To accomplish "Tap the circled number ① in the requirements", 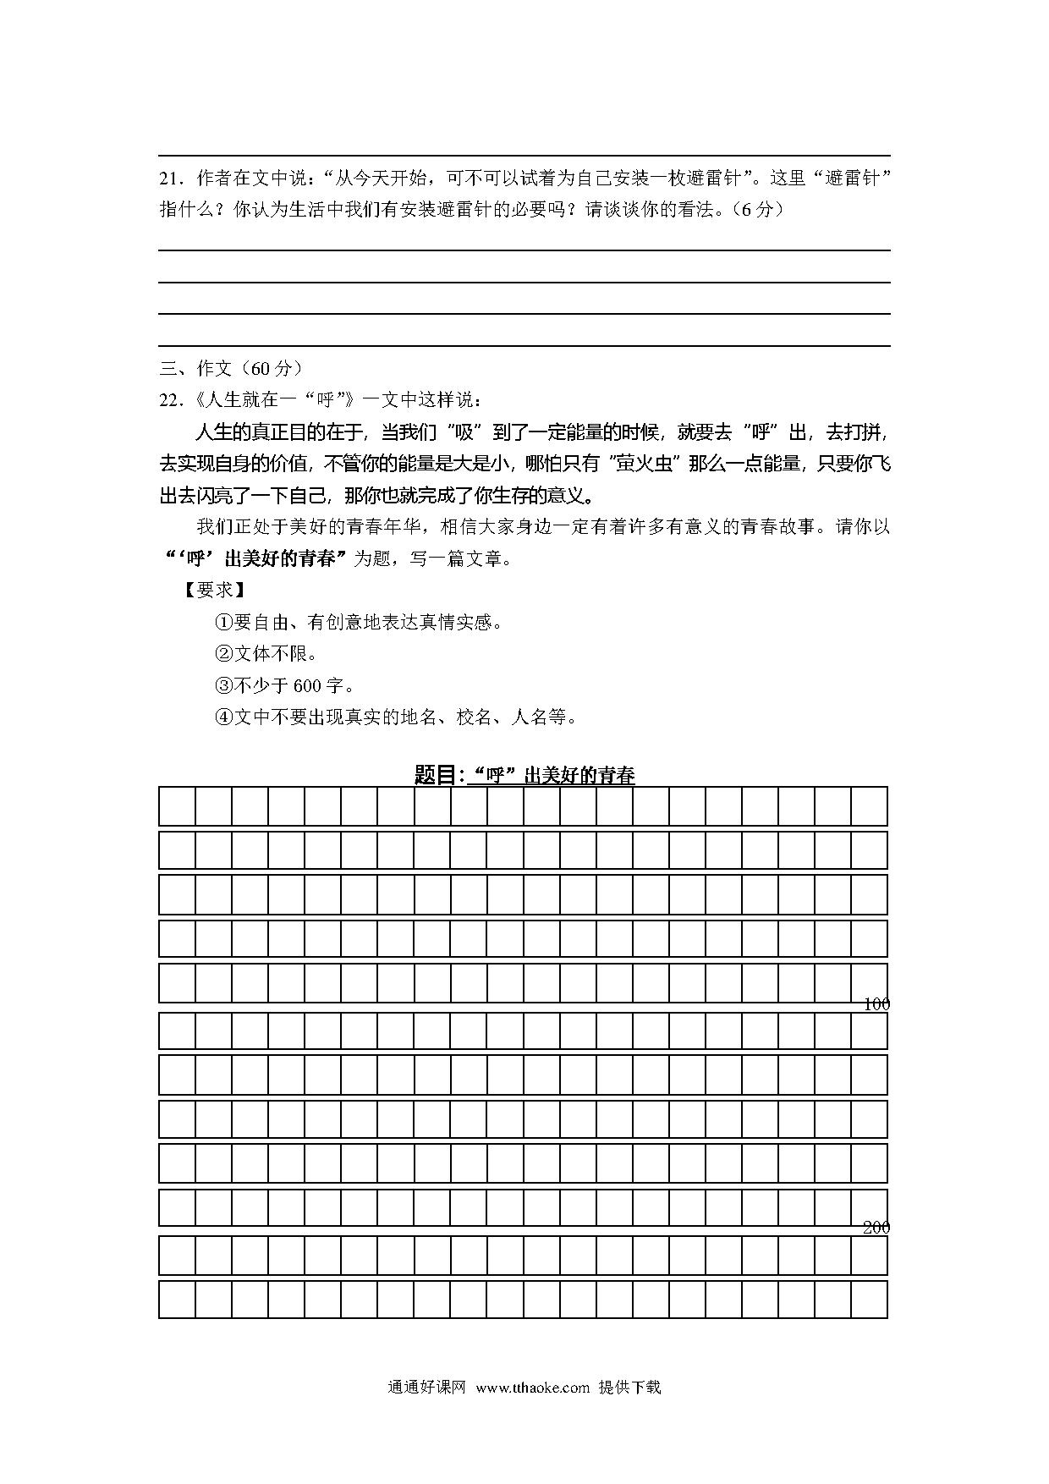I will click(x=223, y=623).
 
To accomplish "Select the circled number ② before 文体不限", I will click(x=223, y=654).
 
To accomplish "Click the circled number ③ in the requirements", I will click(x=223, y=685).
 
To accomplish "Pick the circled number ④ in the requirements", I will click(x=223, y=717).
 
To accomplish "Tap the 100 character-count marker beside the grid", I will click(x=876, y=1004).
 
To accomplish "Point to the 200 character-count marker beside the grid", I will click(x=876, y=1228).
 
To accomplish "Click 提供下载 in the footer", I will click(x=629, y=1388).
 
